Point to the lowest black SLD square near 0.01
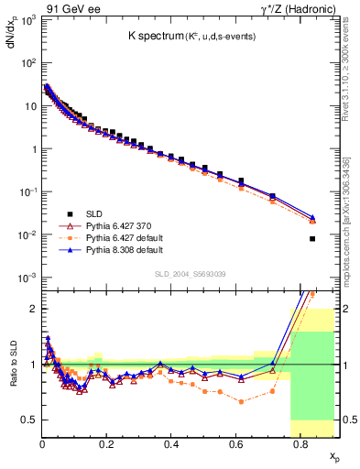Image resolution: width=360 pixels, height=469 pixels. [312, 239]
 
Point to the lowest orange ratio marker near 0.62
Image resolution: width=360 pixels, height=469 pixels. [241, 401]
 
